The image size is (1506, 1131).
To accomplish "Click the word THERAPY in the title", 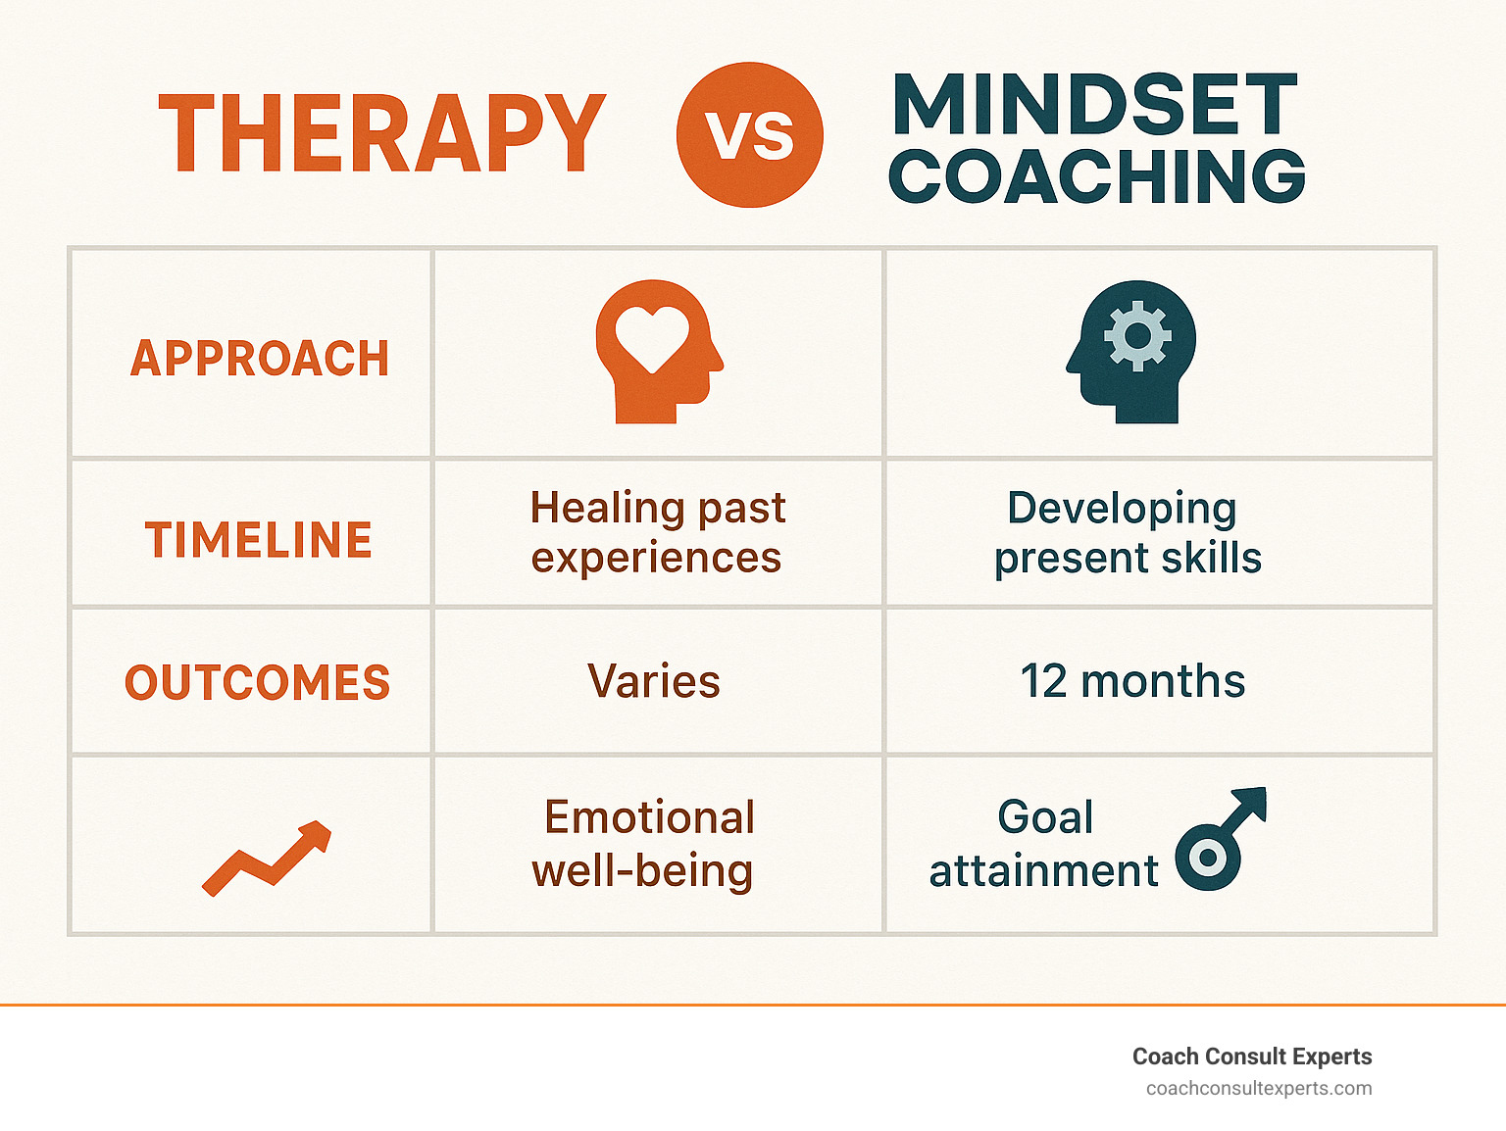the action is pyautogui.click(x=382, y=132).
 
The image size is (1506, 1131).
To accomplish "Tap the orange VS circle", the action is pyautogui.click(x=750, y=134).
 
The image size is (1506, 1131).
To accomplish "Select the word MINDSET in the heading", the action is pyautogui.click(x=1094, y=104).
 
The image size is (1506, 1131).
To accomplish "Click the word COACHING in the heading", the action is pyautogui.click(x=1097, y=175).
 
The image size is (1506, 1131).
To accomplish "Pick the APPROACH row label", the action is pyautogui.click(x=260, y=358).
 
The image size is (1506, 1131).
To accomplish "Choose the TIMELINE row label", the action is pyautogui.click(x=259, y=539).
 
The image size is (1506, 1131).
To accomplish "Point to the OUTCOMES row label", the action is pyautogui.click(x=257, y=682).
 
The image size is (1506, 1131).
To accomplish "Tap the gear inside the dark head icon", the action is pyautogui.click(x=1137, y=335).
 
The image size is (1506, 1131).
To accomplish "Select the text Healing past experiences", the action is pyautogui.click(x=657, y=532).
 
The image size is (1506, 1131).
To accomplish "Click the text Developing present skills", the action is pyautogui.click(x=1128, y=532).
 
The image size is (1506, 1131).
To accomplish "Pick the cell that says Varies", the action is pyautogui.click(x=653, y=681).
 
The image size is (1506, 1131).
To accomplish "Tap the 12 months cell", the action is pyautogui.click(x=1132, y=681).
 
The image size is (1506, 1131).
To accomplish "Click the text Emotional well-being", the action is pyautogui.click(x=643, y=844).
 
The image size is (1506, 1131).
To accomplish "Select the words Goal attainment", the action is pyautogui.click(x=1044, y=844).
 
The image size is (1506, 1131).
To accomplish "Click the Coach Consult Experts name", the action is pyautogui.click(x=1252, y=1057).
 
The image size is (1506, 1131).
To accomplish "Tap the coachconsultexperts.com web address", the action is pyautogui.click(x=1259, y=1089).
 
